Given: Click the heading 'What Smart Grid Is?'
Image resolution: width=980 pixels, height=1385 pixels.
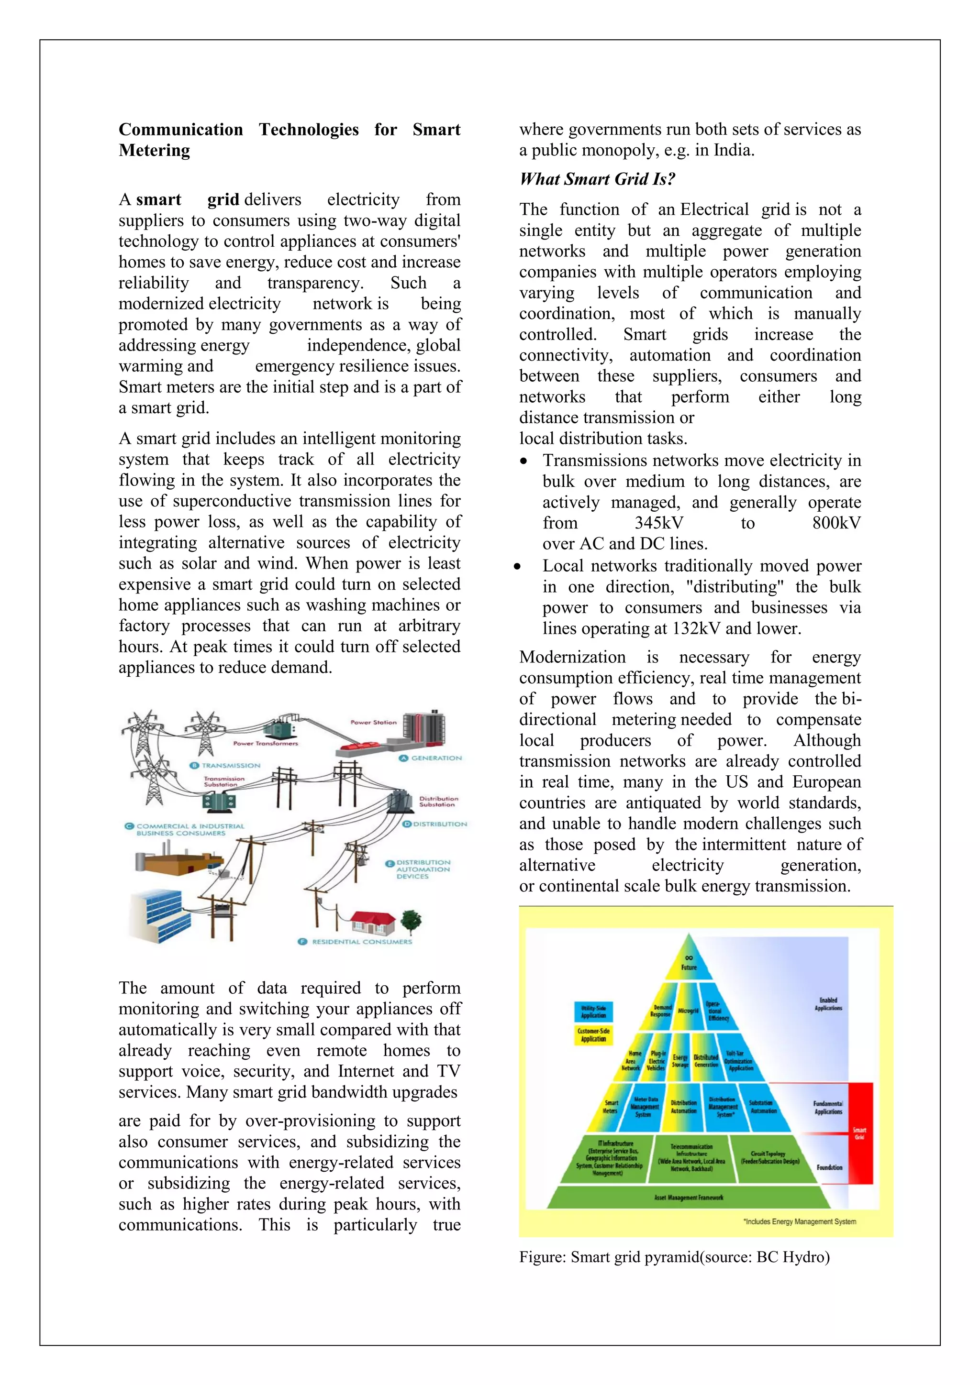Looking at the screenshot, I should pos(597,179).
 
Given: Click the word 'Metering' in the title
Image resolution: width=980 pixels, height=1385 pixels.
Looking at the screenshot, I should pos(155,150).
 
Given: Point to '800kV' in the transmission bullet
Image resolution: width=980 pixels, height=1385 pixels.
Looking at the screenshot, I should pos(836,523).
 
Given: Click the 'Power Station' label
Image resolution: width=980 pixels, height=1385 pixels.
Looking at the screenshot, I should pos(374,722).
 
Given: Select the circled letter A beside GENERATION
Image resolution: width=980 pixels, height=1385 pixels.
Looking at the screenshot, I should pos(404,758).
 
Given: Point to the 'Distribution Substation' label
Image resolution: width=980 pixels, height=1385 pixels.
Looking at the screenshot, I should pos(438,801).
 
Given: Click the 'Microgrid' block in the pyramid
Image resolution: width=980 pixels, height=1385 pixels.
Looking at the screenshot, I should pos(688,1011).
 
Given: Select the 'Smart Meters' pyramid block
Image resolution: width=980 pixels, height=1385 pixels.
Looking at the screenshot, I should pos(611,1106).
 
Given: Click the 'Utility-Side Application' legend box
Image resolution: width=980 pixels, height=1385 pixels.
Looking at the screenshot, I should pos(593,1011).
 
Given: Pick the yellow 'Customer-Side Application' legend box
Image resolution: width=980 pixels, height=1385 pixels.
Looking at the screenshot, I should pos(593,1034).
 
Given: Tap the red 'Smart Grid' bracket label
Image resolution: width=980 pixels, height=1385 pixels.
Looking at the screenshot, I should pos(860,1133).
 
